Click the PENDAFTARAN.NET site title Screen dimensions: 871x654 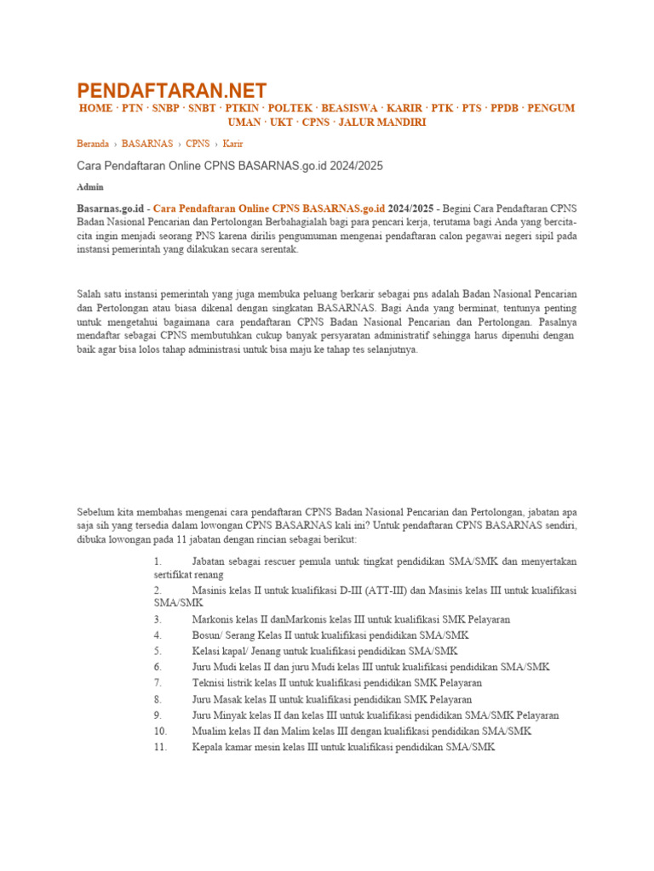pos(172,90)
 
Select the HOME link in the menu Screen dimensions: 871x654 pos(95,109)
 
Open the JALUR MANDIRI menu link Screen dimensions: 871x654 pos(382,122)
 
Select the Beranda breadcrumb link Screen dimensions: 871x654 pos(93,144)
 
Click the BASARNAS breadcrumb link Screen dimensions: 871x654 pos(147,144)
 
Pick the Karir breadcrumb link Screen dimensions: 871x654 pos(232,144)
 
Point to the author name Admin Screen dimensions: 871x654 pos(89,185)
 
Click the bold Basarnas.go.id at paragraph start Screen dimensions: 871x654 pos(108,207)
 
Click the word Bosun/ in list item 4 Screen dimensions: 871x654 pos(208,635)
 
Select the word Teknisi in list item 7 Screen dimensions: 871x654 pos(209,682)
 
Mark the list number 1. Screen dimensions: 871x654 pos(158,561)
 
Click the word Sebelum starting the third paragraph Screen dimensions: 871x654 pos(96,512)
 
